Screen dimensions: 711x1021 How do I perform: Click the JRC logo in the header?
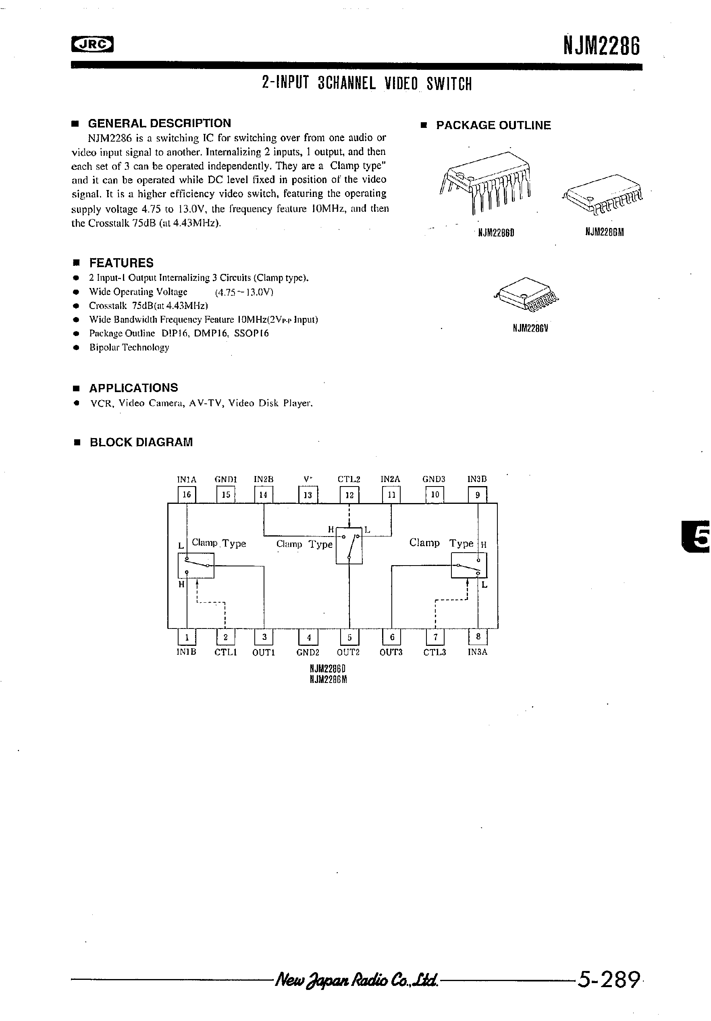click(92, 44)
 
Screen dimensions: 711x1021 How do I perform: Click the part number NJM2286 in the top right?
click(601, 46)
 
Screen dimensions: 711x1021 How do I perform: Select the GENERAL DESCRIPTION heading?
click(160, 123)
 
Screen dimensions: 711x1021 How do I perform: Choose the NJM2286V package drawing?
click(526, 294)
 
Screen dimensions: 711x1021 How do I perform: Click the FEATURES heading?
click(121, 263)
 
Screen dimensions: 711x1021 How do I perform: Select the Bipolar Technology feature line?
click(129, 347)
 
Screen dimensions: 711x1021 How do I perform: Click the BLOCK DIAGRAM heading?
click(141, 443)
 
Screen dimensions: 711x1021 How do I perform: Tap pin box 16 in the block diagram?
click(187, 495)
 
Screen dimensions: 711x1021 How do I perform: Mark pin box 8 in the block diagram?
click(478, 637)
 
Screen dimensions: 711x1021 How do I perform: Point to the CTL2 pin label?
click(349, 479)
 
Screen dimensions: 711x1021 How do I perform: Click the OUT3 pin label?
click(391, 652)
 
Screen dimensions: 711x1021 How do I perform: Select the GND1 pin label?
click(226, 479)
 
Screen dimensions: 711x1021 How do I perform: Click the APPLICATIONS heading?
click(133, 388)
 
